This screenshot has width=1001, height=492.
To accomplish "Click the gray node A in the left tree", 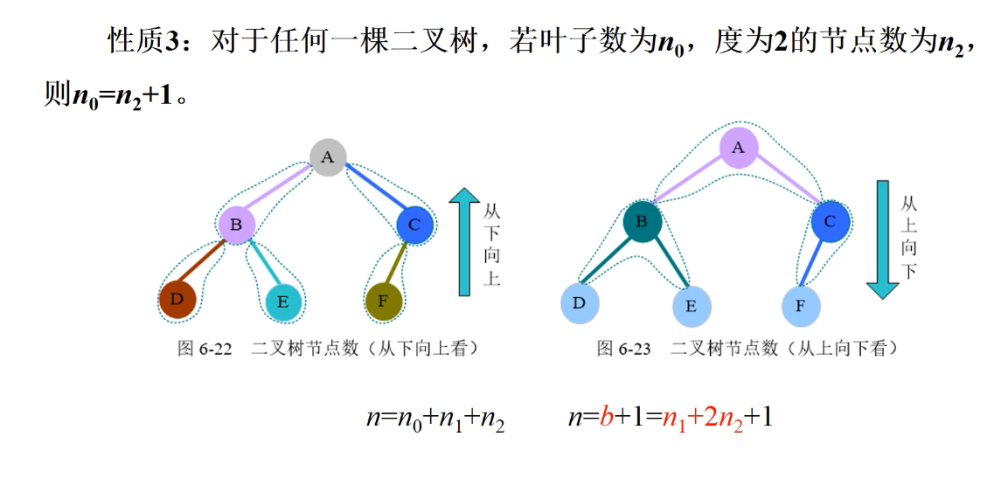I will point(327,157).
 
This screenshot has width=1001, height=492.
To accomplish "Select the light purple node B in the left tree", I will point(236,225).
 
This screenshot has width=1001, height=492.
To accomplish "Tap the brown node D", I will point(178,300).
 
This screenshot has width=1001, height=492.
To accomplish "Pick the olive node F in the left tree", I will point(383,301).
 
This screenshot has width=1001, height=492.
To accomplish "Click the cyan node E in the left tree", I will point(283,302).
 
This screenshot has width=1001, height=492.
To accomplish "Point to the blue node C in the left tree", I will point(414,225).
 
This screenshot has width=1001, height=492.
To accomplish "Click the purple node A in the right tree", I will point(739,148).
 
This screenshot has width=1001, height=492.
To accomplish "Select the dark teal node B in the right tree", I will point(642,222).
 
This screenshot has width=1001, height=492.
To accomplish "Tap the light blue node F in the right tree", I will point(802,306).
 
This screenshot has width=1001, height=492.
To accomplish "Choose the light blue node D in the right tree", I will point(580,302).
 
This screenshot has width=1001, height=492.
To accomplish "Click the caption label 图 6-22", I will point(205,349).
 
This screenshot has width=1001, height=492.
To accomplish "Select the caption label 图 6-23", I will point(623,349).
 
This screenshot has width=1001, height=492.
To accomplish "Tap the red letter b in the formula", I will point(605,417).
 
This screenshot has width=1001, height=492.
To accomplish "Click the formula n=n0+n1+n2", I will point(435,419).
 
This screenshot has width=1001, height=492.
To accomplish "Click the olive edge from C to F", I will point(399,263).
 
